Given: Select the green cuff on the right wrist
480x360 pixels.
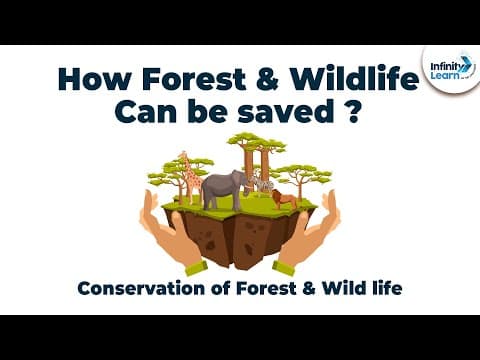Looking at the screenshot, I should click(285, 268).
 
